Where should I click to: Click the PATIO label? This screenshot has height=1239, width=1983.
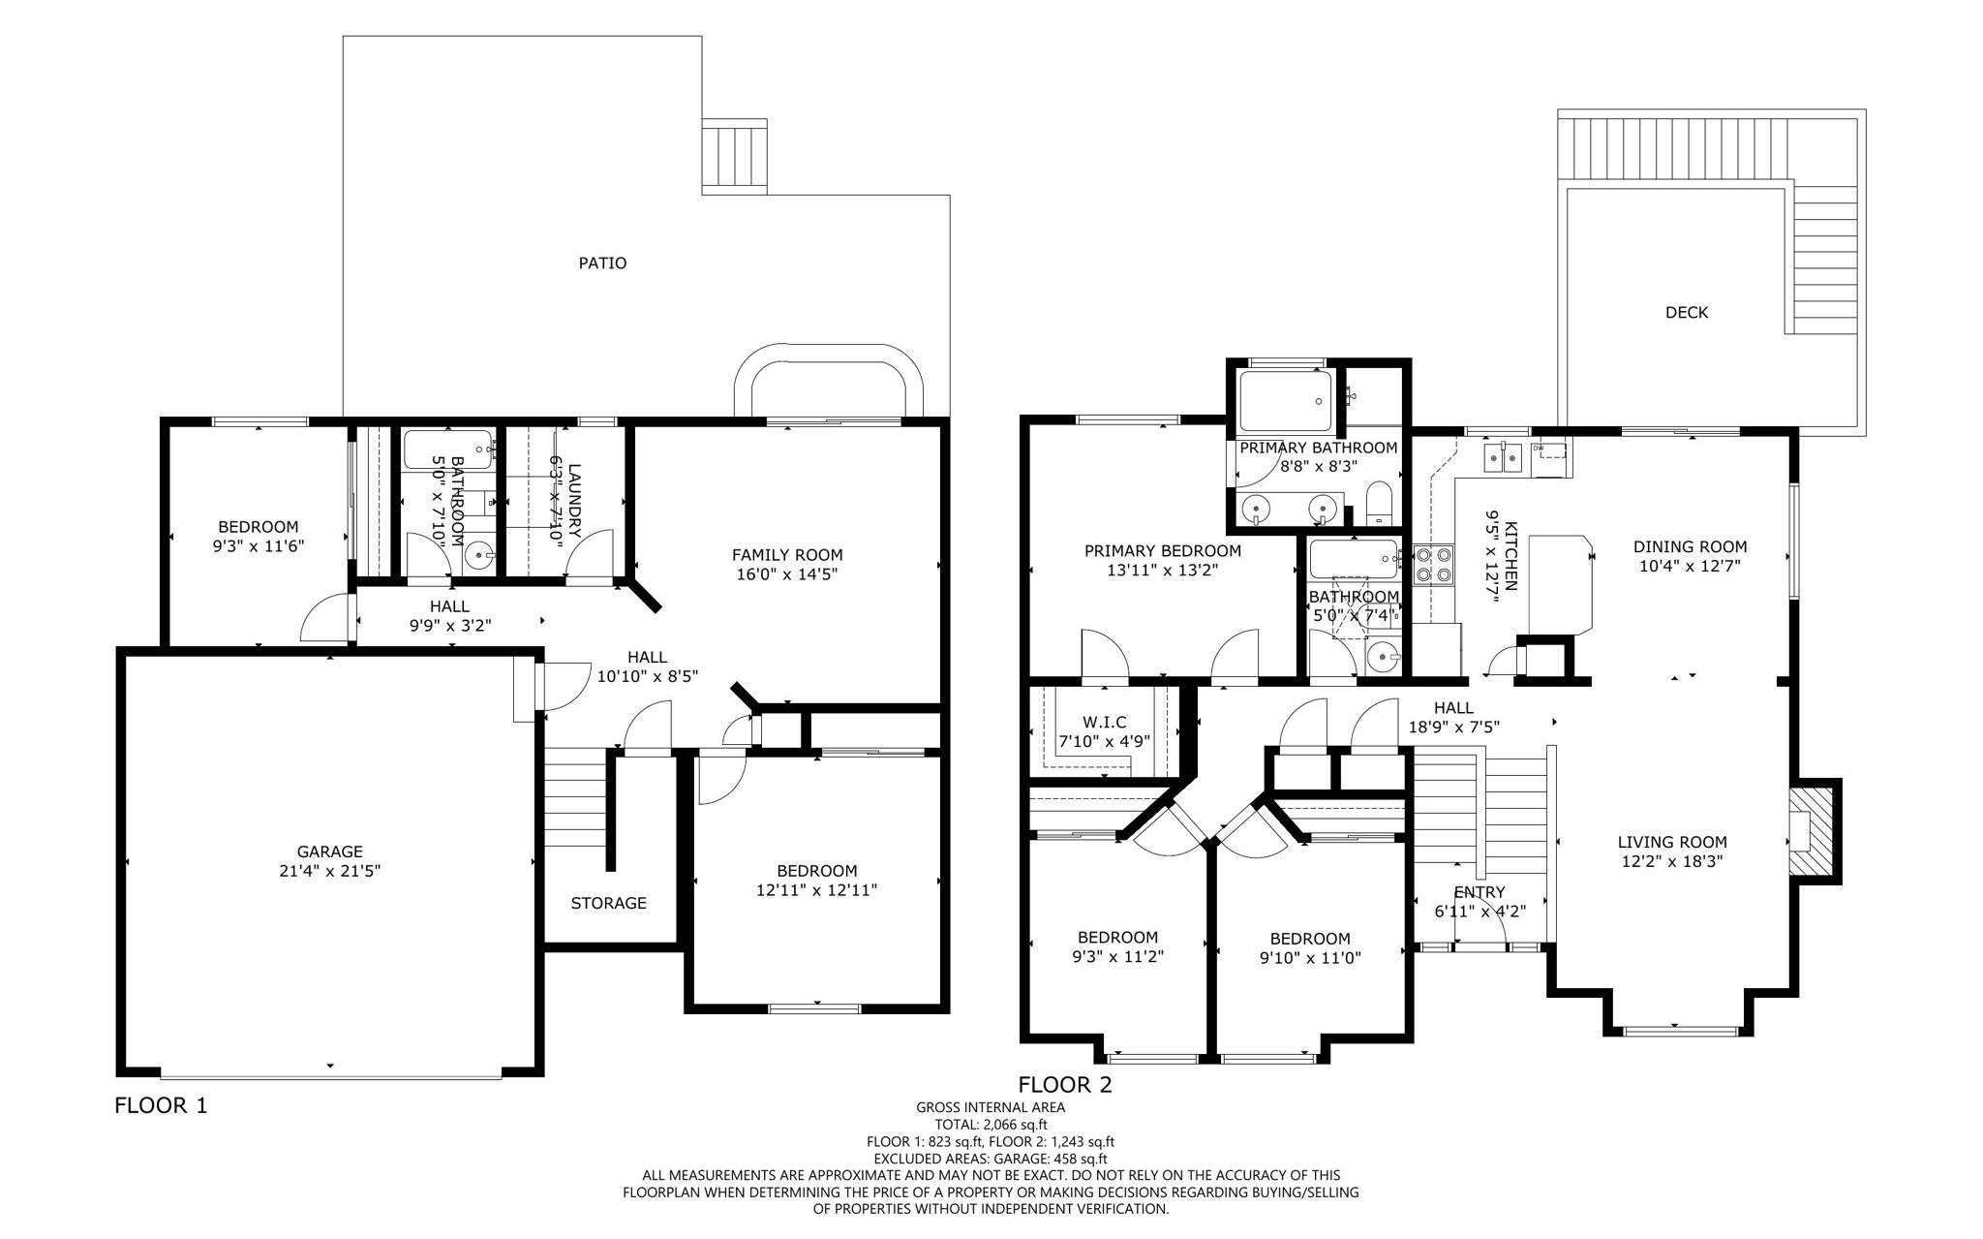(602, 263)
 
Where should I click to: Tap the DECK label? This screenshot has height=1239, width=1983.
(1687, 312)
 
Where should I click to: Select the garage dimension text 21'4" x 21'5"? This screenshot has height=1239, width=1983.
(330, 870)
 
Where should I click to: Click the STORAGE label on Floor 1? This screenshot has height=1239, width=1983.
(608, 903)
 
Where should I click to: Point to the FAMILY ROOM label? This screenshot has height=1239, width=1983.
(786, 555)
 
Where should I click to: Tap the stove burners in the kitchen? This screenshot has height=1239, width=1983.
(1434, 564)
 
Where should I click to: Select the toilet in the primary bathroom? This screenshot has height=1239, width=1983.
(1378, 506)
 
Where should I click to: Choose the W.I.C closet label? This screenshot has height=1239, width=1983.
(1104, 723)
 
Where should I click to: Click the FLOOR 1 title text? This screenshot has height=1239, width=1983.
(161, 1105)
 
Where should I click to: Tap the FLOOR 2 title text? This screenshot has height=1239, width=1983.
(1065, 1084)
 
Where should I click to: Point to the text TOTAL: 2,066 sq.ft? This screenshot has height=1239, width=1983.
(991, 1125)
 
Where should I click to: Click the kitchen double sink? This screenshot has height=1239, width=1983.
(1503, 455)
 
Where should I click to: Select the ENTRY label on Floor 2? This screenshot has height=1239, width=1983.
(1479, 892)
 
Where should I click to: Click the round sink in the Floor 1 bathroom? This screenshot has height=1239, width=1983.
(478, 556)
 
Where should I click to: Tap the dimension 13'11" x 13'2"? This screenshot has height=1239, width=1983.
(1162, 571)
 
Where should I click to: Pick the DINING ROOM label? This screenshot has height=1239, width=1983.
(1690, 546)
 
